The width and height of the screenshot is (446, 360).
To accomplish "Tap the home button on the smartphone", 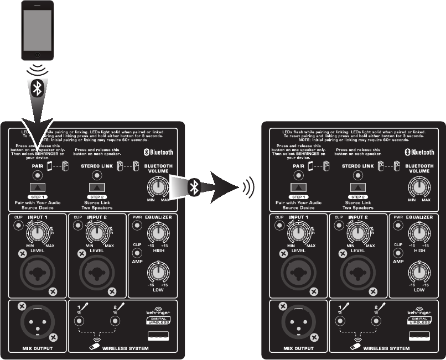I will tap(37, 54).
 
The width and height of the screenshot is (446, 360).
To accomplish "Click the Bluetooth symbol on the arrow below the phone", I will tap(37, 89).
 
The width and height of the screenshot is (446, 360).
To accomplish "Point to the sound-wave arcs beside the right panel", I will tap(249, 188).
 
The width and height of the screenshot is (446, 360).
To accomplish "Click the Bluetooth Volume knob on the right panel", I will tap(419, 186).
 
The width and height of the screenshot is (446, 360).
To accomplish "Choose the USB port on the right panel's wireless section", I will tap(420, 336).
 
